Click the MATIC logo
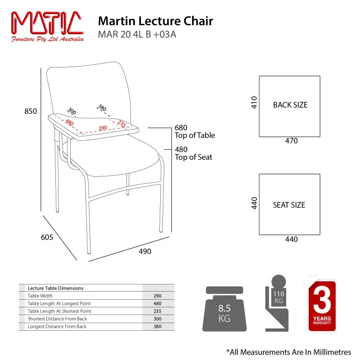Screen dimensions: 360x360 pos(47,27)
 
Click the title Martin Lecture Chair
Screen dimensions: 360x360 pos(155,21)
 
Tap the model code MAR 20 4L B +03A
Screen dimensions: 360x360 pos(137,35)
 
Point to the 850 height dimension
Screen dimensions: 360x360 pos(31,111)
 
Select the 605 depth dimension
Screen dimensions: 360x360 pos(47,237)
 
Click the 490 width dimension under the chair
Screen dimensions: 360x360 pos(145,252)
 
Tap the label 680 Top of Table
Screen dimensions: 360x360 pos(195,131)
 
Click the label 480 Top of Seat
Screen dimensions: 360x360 pos(193,153)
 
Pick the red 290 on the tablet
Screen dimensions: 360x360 pos(103,128)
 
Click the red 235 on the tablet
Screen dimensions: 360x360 pos(121,123)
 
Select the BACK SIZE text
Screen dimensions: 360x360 pos(290,105)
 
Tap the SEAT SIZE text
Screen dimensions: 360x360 pos(289,205)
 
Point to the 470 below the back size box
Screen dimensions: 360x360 pos(291,140)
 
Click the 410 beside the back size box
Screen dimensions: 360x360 pos(254,103)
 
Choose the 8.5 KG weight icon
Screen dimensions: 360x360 pos(224,309)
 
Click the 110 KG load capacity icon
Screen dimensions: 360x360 pos(277,303)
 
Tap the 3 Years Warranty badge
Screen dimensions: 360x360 pos(322,306)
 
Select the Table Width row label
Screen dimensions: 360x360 pos(40,296)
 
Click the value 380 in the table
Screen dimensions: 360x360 pos(157,327)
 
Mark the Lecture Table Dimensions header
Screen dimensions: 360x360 pos(55,288)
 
